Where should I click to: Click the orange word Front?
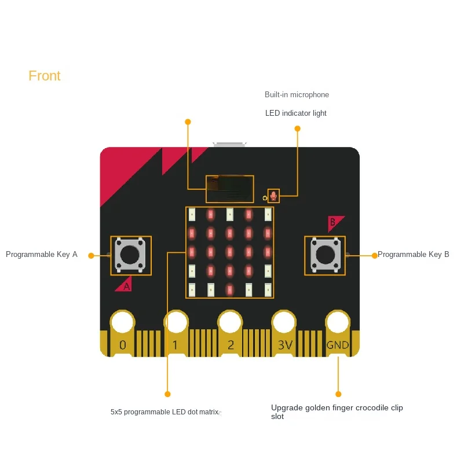(x=45, y=76)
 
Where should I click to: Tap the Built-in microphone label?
(x=297, y=94)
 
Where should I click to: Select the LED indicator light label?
(x=295, y=113)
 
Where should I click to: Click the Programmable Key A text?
(x=42, y=254)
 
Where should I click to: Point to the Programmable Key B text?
(x=413, y=254)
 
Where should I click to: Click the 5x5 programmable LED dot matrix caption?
(x=165, y=412)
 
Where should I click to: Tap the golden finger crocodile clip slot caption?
(x=337, y=411)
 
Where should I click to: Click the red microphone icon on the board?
(x=273, y=196)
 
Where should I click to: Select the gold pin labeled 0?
(x=122, y=345)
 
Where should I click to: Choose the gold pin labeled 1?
(x=176, y=345)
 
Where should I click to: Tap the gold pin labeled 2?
(x=230, y=345)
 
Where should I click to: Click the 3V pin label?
(x=284, y=345)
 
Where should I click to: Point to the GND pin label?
(x=337, y=345)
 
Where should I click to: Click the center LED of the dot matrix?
(x=229, y=252)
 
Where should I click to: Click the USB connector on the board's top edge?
(x=229, y=144)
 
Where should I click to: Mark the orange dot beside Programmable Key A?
(x=91, y=255)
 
